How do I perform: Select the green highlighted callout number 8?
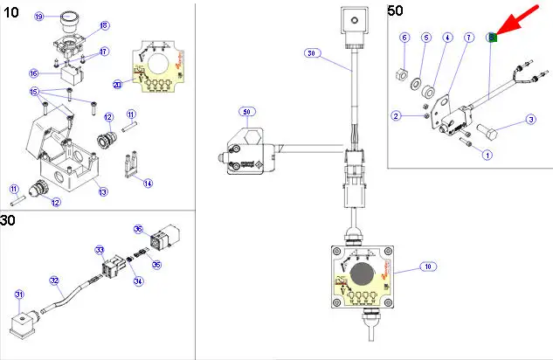pos(492,37)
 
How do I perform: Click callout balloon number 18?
pos(105,25)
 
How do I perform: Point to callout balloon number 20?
pos(117,85)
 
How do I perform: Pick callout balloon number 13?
pos(102,192)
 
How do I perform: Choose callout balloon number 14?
pos(148,183)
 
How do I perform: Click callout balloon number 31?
pos(18,294)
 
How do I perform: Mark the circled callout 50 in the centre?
pos(246,113)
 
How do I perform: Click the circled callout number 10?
pos(427,266)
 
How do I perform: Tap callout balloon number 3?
pos(529,120)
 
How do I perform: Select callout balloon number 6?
pos(404,38)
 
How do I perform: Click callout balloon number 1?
pos(487,155)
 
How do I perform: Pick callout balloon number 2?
pos(396,115)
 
